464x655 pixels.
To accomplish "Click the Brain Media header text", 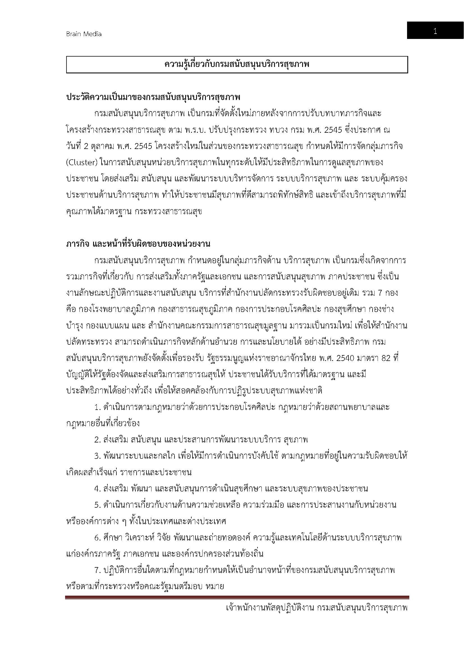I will (84, 34).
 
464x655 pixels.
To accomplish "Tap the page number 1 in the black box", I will (435, 31).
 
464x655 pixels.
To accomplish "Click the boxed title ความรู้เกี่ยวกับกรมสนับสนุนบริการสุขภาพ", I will (237, 65).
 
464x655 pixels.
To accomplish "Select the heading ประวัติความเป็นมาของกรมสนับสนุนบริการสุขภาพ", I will (153, 97).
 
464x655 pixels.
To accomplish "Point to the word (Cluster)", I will (82, 163).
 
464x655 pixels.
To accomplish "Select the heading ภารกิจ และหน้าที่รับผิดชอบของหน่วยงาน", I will (138, 244).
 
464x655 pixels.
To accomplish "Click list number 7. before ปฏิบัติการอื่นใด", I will (97, 570).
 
